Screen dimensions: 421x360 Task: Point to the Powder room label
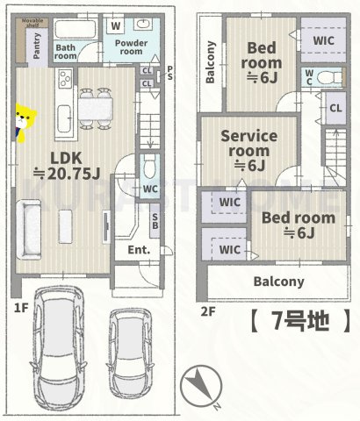click(130, 46)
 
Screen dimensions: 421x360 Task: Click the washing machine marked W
click(116, 26)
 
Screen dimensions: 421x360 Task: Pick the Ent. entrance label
click(139, 249)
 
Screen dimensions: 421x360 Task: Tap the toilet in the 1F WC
click(148, 167)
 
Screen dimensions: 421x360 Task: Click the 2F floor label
click(208, 310)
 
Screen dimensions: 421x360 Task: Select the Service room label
click(248, 149)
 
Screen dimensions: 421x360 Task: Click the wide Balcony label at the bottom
click(278, 282)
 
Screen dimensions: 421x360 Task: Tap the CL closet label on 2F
click(335, 108)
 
